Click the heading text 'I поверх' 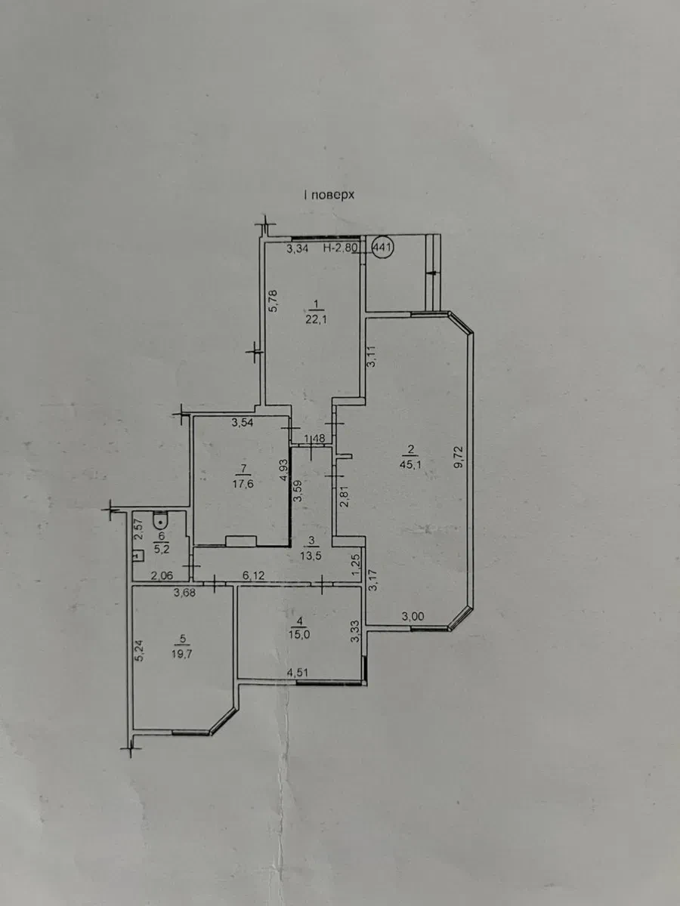pos(329,195)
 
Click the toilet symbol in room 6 pos(160,521)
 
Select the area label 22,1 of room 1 pos(317,319)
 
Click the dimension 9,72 pos(458,457)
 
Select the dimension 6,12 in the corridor pos(254,575)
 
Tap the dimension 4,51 pos(297,673)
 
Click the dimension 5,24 pos(140,651)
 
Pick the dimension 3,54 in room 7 pos(242,422)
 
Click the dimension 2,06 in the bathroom pos(162,575)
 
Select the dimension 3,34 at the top pos(298,248)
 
